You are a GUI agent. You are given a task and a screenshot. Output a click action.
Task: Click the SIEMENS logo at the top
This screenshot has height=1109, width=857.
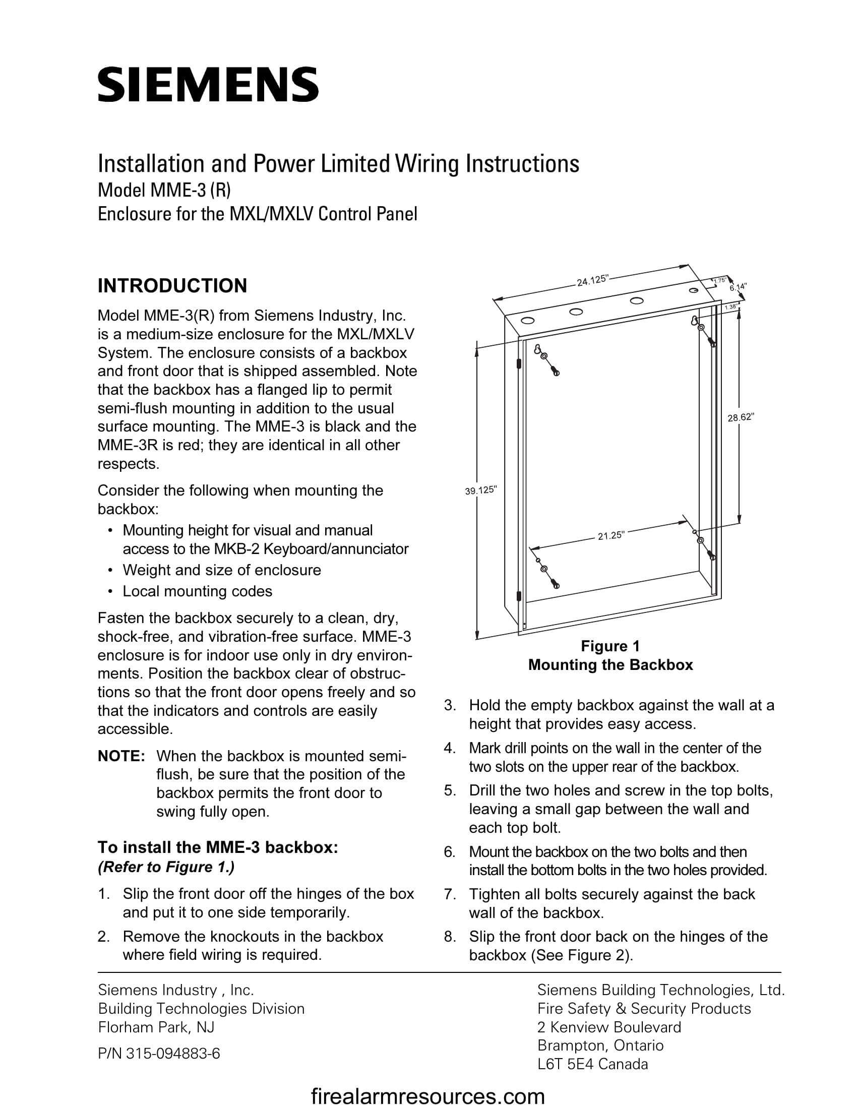(x=208, y=84)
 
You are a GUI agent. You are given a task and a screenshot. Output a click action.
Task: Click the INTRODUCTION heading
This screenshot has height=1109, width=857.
(x=172, y=286)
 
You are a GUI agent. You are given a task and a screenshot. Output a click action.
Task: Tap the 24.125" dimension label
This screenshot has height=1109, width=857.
(x=592, y=280)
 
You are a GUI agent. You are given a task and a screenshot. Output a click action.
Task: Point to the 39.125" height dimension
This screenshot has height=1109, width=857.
(x=480, y=490)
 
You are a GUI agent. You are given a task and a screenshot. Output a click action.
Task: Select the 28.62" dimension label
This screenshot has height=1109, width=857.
(x=741, y=417)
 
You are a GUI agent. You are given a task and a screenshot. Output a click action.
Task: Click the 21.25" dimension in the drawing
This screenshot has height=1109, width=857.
(x=610, y=536)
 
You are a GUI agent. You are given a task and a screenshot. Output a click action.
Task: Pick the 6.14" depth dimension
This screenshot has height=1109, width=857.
(x=738, y=287)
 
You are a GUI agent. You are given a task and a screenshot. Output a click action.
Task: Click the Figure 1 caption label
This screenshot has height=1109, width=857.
(x=610, y=646)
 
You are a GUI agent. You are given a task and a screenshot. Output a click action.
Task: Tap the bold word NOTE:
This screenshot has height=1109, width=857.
(x=121, y=756)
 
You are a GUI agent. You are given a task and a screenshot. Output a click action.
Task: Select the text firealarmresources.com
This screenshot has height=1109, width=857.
(x=427, y=1096)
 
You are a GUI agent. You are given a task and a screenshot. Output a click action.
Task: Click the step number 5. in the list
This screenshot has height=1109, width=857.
(x=450, y=790)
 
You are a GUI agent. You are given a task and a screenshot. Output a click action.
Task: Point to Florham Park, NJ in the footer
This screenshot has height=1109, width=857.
(x=156, y=1027)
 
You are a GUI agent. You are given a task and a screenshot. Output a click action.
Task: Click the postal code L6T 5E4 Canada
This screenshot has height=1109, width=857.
(x=592, y=1064)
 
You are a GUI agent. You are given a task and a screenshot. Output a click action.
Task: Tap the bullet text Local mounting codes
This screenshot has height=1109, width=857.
(x=197, y=591)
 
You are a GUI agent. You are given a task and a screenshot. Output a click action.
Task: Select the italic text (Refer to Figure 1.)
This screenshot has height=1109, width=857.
(x=166, y=867)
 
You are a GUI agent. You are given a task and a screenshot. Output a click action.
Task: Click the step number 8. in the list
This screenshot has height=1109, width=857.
(x=450, y=937)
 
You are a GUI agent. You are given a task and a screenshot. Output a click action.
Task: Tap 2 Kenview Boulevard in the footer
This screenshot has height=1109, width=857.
(x=609, y=1027)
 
